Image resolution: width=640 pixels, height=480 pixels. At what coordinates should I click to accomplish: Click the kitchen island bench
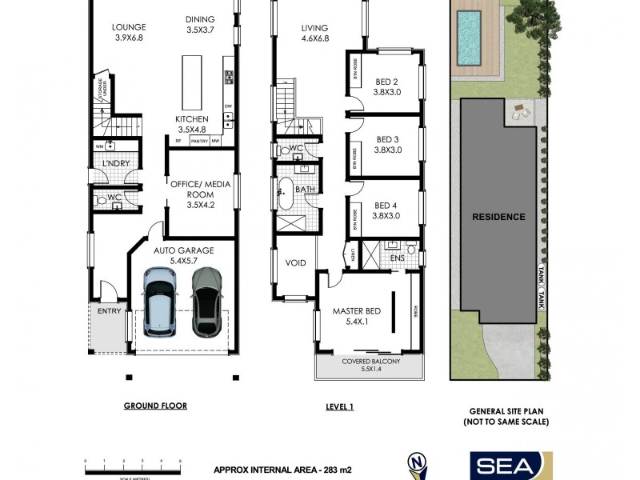coord(192,82)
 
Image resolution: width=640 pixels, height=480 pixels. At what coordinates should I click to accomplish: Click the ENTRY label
coord(108,310)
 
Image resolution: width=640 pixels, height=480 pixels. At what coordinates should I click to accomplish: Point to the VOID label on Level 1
coord(295,262)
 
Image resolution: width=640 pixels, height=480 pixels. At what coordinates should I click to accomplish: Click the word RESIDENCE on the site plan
coord(498,217)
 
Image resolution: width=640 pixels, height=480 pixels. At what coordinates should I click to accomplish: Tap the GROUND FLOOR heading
coord(155,406)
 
